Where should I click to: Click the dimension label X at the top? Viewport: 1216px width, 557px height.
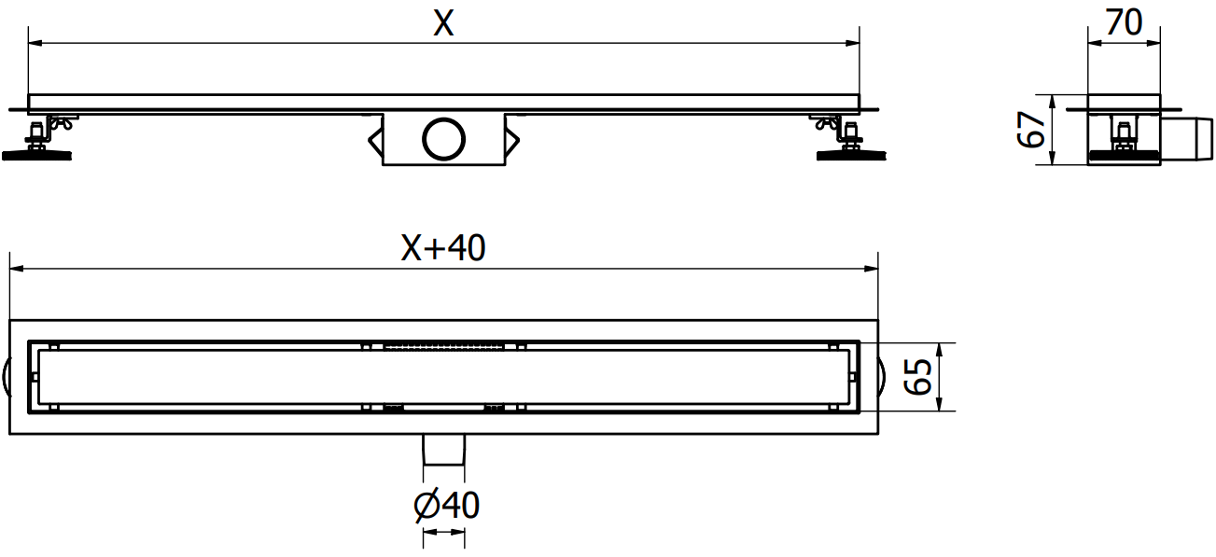[443, 24]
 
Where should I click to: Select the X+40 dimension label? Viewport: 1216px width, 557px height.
[443, 248]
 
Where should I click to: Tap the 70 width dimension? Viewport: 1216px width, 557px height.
[1124, 22]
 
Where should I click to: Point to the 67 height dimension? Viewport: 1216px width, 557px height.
[1031, 130]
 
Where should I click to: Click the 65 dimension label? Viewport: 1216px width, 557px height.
[917, 377]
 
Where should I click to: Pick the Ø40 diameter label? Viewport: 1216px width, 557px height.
[446, 506]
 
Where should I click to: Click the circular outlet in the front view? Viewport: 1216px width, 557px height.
[443, 139]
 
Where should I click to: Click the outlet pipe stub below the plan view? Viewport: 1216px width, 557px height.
[444, 450]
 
